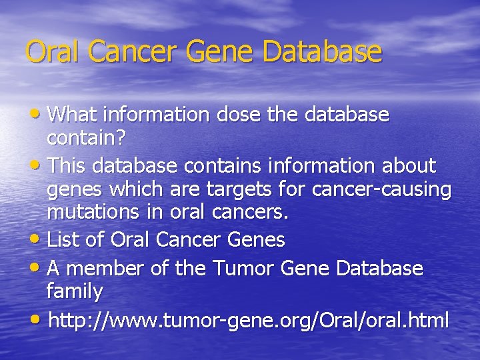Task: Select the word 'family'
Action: coord(75,292)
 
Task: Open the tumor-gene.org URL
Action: coord(248,320)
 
